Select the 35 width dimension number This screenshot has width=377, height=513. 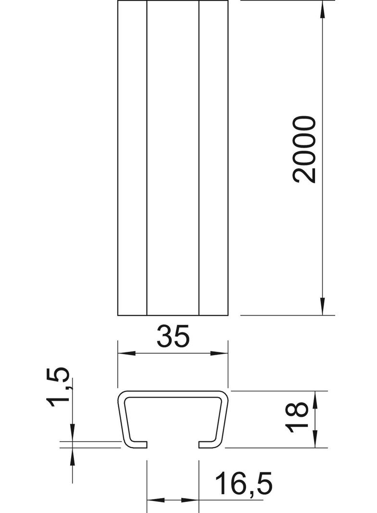[x=173, y=336]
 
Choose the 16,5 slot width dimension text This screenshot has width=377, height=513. [x=244, y=483]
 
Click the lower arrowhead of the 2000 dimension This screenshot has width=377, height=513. [x=322, y=307]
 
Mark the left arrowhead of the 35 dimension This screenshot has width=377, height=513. [x=126, y=353]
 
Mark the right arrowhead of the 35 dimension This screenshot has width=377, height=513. [x=219, y=353]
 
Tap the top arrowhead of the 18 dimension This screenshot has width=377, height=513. [x=315, y=399]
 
